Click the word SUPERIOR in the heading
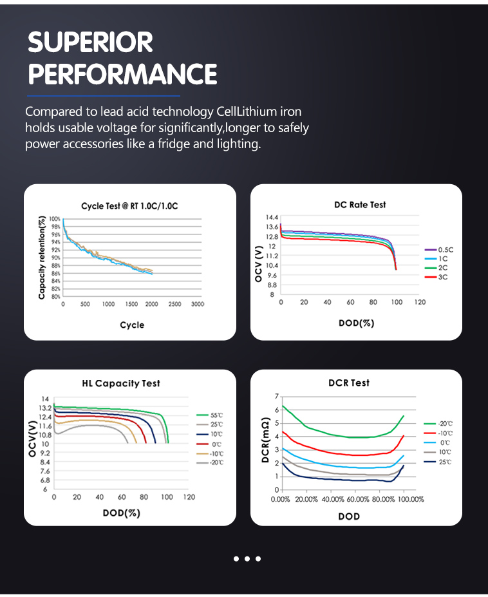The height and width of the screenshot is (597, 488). click(91, 43)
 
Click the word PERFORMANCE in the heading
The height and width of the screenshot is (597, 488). click(122, 74)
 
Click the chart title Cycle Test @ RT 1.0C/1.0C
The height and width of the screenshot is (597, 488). click(129, 206)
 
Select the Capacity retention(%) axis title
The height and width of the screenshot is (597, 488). click(42, 257)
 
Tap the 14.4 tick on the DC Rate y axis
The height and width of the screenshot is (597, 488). click(272, 218)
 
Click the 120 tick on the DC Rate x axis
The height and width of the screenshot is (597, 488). click(420, 302)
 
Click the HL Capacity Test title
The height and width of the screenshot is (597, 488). click(121, 383)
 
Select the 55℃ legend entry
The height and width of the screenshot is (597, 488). click(216, 415)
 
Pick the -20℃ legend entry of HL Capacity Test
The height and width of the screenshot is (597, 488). click(216, 462)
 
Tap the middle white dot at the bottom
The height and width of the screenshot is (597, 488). click(247, 558)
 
